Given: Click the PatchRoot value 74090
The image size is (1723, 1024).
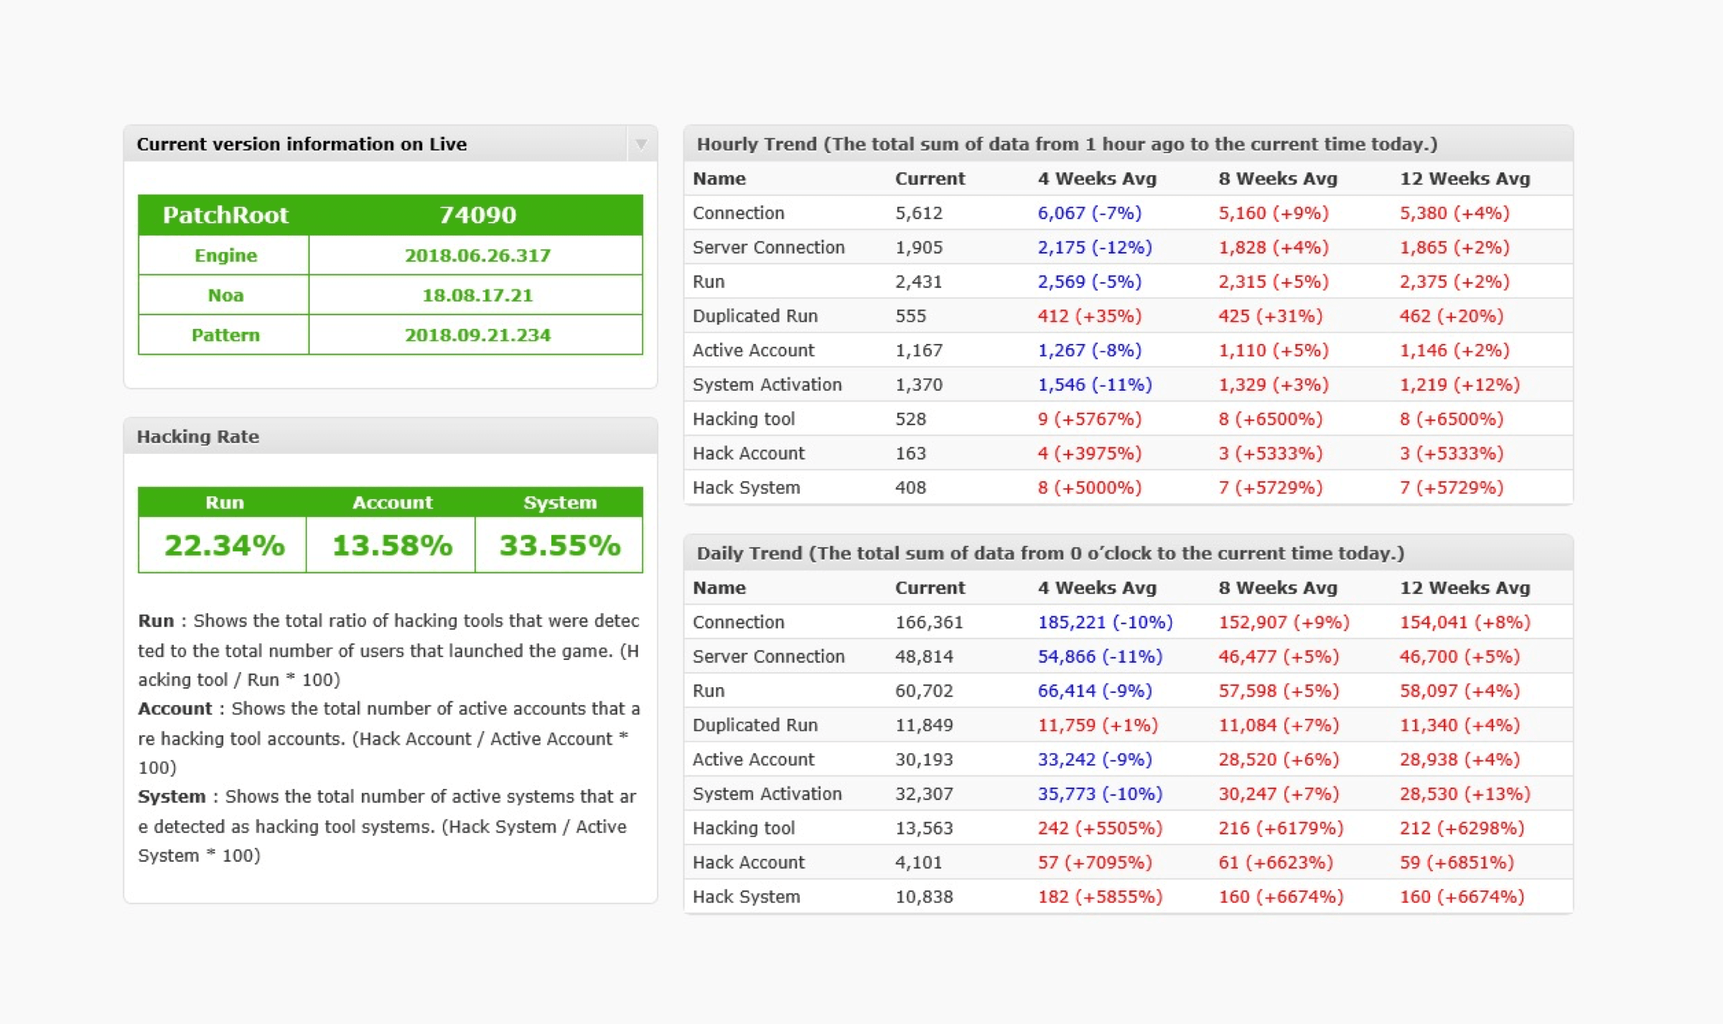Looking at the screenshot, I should click(x=477, y=215).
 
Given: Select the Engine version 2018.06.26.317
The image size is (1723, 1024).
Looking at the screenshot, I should click(x=477, y=255).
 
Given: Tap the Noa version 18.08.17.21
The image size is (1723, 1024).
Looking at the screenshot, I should click(x=477, y=295).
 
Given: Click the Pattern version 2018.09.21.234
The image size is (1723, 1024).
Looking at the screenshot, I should click(x=477, y=335).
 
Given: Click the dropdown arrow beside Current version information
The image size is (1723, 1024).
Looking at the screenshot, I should click(x=641, y=144).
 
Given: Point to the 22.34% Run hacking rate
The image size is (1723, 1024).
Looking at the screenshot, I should click(x=224, y=545).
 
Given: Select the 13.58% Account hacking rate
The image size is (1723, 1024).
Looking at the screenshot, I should click(x=392, y=545).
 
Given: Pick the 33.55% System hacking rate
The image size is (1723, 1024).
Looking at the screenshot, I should click(x=560, y=545).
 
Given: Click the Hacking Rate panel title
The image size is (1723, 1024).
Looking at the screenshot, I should click(x=198, y=437).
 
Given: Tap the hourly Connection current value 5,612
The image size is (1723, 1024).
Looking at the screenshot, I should click(x=918, y=213).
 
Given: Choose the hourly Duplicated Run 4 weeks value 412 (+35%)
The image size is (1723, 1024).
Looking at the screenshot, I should click(x=1089, y=316).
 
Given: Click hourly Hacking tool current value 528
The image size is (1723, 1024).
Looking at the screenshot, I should click(x=910, y=419).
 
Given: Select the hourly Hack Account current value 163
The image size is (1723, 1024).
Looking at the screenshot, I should click(x=910, y=453).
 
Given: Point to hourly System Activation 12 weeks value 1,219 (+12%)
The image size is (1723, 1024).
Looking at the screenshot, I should click(x=1460, y=385).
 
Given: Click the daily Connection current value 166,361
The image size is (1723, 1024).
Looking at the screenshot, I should click(x=929, y=622).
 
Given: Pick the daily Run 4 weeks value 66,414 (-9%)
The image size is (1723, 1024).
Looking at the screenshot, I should click(x=1095, y=691).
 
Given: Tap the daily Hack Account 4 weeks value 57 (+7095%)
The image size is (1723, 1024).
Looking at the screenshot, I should click(x=1095, y=862).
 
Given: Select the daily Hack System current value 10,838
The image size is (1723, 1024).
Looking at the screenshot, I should click(x=924, y=897).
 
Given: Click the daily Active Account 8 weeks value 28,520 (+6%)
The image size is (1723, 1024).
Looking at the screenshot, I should click(x=1279, y=760).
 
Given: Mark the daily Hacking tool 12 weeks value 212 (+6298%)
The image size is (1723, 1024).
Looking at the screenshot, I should click(x=1462, y=828).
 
